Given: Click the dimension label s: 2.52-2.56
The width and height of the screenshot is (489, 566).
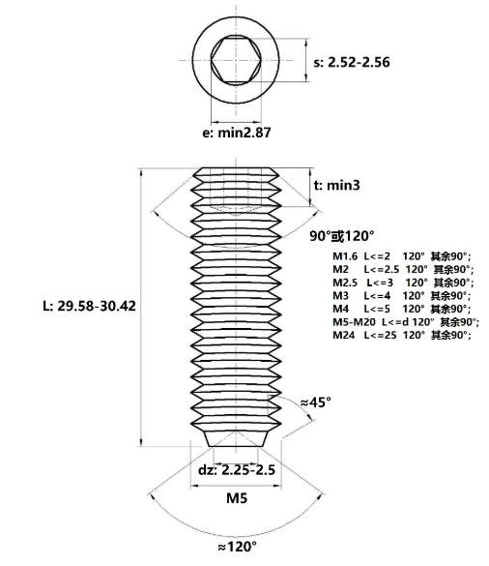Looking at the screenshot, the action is click(352, 62).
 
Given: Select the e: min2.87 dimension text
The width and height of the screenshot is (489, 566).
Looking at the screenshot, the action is click(237, 133).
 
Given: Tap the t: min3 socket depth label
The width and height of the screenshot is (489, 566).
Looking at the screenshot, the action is click(337, 185).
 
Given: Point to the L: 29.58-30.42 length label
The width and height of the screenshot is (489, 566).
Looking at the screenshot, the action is click(89, 306).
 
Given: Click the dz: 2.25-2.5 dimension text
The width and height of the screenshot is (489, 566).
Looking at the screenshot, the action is click(237, 470).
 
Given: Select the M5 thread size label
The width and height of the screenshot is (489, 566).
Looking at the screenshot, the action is click(237, 498).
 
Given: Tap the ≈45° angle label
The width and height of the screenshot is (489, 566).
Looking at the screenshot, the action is click(316, 402).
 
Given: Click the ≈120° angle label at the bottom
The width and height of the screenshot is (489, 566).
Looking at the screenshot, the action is click(238, 547).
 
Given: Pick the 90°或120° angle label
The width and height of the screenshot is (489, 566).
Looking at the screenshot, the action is click(342, 236).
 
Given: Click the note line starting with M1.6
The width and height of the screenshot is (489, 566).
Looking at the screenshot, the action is click(402, 256).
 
